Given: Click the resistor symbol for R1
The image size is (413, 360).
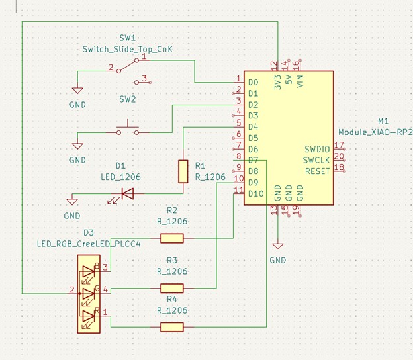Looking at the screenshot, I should click(x=183, y=171).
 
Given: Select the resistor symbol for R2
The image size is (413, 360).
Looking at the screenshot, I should click(x=172, y=238).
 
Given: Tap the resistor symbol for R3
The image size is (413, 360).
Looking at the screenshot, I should click(x=172, y=288).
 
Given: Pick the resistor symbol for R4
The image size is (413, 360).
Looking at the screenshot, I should click(x=172, y=326).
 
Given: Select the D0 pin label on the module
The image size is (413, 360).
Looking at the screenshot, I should click(x=253, y=83).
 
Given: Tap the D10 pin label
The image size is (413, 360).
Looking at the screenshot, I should click(x=255, y=193).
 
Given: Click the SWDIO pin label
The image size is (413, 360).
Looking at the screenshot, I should click(x=318, y=149).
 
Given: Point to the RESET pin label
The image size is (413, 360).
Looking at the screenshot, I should click(x=318, y=171).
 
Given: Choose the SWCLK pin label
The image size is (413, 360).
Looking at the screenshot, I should click(x=318, y=160).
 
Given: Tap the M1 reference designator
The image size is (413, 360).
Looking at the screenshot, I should click(x=383, y=121).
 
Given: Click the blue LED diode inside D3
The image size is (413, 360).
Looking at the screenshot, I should click(x=88, y=272).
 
